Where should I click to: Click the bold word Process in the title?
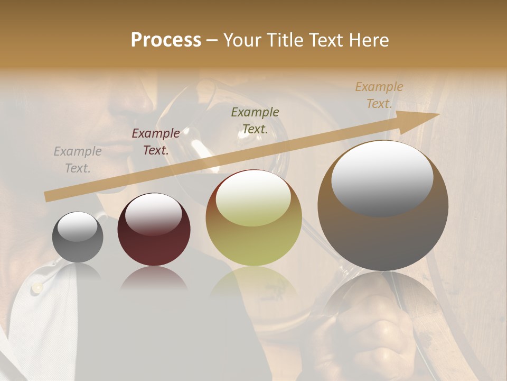(166, 40)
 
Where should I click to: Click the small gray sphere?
(78, 237)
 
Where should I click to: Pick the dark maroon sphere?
(154, 229)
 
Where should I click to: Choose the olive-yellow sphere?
(254, 218)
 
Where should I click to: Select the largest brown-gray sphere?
(383, 206)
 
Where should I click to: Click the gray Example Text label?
(78, 160)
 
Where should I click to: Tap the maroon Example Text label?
(156, 142)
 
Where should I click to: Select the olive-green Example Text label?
(255, 121)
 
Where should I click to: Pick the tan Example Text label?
(379, 95)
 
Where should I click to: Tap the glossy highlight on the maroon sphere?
(154, 213)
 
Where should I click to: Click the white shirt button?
(38, 287)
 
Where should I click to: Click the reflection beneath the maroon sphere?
(154, 278)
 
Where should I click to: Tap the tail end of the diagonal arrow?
(48, 197)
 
